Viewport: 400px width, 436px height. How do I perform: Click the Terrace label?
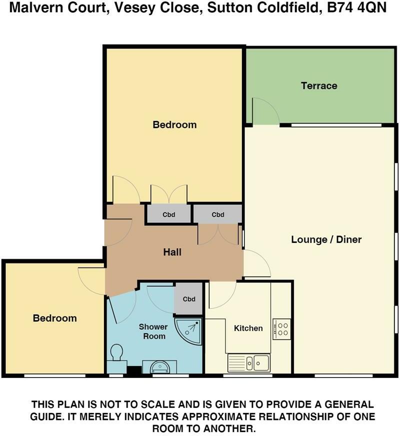(319, 85)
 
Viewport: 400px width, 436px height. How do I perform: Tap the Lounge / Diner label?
(326, 239)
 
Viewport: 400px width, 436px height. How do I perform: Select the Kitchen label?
(248, 328)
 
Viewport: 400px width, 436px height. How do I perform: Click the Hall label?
(172, 252)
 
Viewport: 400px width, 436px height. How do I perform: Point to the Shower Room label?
(154, 331)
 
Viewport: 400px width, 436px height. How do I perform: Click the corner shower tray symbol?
(189, 330)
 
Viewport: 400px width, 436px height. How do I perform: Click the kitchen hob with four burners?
(282, 329)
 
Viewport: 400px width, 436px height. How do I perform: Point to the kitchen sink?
(249, 362)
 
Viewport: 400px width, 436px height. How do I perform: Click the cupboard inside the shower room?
(188, 299)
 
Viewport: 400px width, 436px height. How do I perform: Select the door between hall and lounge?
(256, 263)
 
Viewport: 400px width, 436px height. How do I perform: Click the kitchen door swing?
(221, 295)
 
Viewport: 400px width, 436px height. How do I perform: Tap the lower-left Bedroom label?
(55, 318)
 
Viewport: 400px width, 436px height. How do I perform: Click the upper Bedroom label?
(174, 124)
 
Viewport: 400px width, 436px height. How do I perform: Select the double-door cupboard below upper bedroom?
(169, 214)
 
